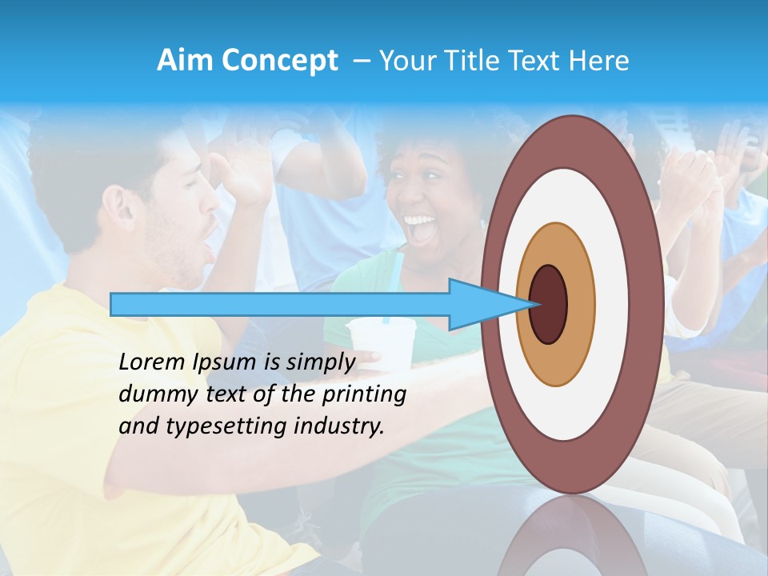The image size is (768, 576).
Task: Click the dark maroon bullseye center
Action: tap(548, 304)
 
